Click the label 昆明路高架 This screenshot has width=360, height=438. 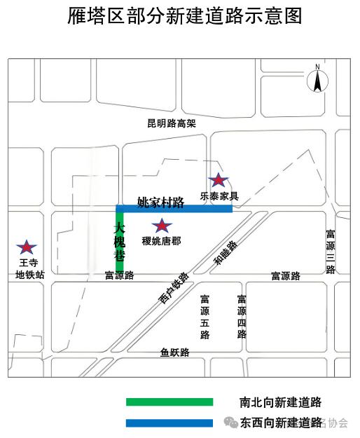171,123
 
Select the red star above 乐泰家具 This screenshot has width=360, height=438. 219,181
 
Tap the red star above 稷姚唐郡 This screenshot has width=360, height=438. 162,226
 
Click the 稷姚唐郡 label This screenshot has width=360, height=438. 161,240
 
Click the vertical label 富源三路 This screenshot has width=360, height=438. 330,252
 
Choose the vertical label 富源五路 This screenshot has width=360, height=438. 205,317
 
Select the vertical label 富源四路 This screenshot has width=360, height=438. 242,317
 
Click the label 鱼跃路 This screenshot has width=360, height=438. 174,353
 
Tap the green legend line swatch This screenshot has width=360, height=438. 169,402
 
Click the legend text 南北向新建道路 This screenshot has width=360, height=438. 280,402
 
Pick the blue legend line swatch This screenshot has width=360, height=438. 169,423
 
